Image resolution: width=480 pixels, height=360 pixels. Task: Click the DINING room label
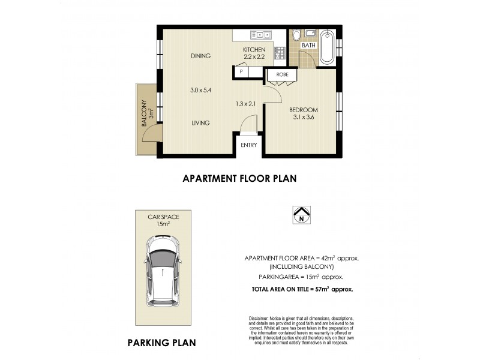point(201,56)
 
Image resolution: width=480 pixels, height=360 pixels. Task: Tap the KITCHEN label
point(254,49)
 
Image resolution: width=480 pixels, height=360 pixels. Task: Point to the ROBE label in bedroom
point(282,75)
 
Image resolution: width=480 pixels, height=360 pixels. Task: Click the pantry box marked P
point(241,71)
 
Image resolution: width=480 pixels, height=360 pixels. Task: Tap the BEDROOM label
point(303,110)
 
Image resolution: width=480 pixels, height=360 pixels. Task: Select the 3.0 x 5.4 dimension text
point(201,90)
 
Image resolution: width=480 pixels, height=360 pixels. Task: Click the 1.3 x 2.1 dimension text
point(246,104)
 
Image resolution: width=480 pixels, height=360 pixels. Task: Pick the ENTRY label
point(248,145)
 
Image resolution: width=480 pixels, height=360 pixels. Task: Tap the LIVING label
point(200,123)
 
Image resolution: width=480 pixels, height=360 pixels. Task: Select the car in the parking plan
point(162,268)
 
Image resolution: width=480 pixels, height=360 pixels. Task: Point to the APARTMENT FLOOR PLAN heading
point(239,178)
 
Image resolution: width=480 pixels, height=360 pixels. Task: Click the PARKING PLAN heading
point(161,343)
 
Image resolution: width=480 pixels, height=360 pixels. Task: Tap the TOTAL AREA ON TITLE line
point(302,289)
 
